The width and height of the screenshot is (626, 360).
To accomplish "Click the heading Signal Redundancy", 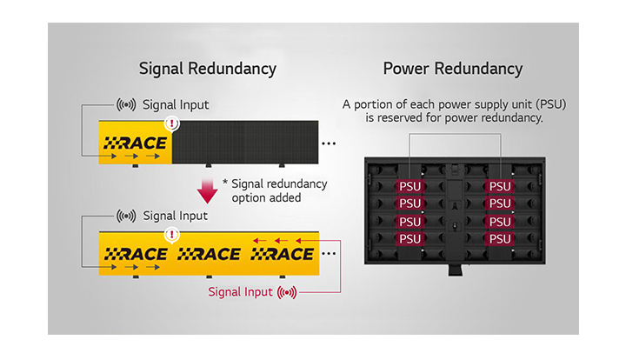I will (x=208, y=69).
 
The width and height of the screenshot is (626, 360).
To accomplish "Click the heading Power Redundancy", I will (x=452, y=69).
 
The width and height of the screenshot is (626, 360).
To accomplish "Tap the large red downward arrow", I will (x=207, y=188).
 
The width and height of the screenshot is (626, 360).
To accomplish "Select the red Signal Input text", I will (x=239, y=291).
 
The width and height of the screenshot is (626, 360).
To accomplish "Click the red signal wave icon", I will (x=286, y=291).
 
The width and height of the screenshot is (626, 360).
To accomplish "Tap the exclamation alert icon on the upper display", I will (x=172, y=123).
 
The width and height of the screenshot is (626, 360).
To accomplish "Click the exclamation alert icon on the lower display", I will (x=172, y=234).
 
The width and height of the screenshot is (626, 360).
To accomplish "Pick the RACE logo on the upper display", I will (x=136, y=143).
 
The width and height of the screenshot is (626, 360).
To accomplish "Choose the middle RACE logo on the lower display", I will (x=209, y=254).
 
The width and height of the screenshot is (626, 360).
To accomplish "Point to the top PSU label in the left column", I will (x=410, y=186).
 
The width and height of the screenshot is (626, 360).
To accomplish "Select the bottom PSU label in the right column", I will (x=500, y=238).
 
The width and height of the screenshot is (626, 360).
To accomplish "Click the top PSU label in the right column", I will (x=500, y=186).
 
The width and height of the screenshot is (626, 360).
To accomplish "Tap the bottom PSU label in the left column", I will (x=410, y=238).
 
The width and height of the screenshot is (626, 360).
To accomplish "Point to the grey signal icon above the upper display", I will (x=126, y=105).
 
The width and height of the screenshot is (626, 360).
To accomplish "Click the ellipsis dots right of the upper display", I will (x=330, y=142).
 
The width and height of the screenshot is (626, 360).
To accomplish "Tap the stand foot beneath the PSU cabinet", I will (x=455, y=270).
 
